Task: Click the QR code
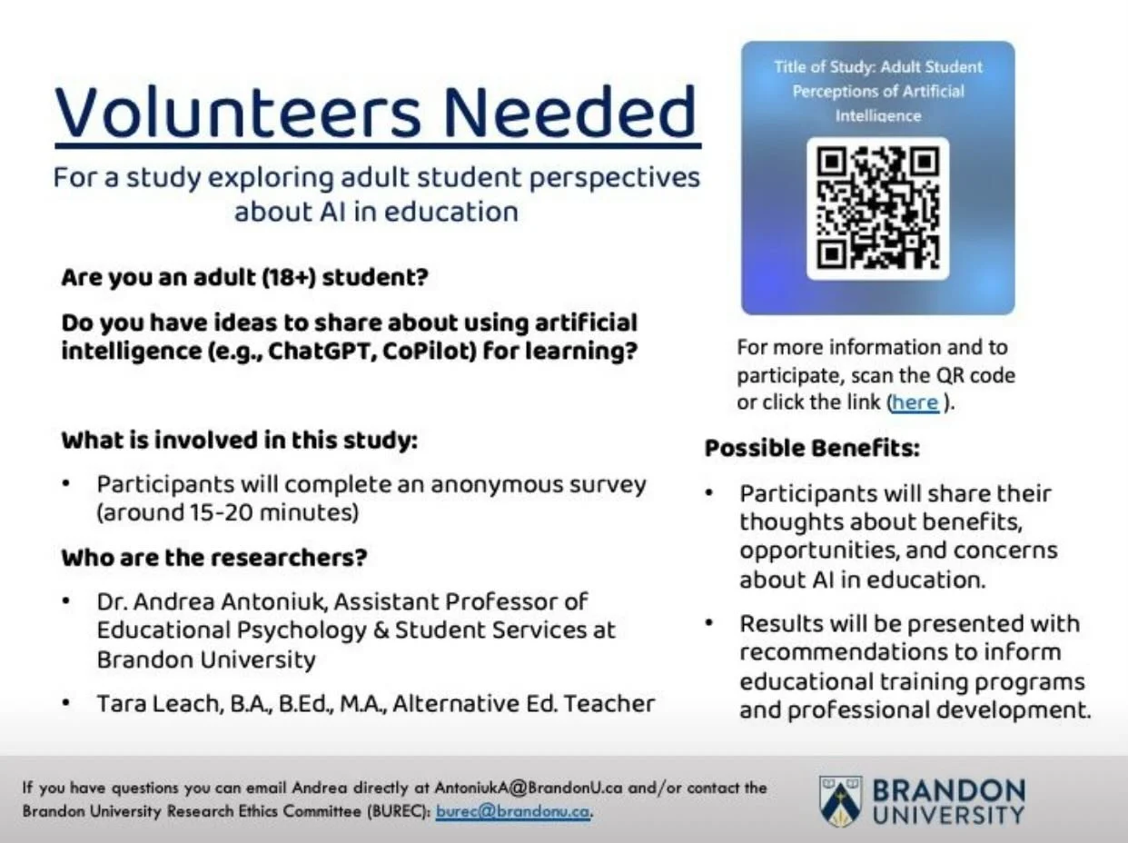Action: pos(877,208)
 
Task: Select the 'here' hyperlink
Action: pos(915,402)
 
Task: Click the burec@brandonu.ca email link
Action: pos(513,811)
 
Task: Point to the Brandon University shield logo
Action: pos(839,801)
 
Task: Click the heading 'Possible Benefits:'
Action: pos(812,449)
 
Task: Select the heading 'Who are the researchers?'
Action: pos(213,557)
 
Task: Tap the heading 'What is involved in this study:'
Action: pos(239,441)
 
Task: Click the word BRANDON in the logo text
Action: pos(948,789)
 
